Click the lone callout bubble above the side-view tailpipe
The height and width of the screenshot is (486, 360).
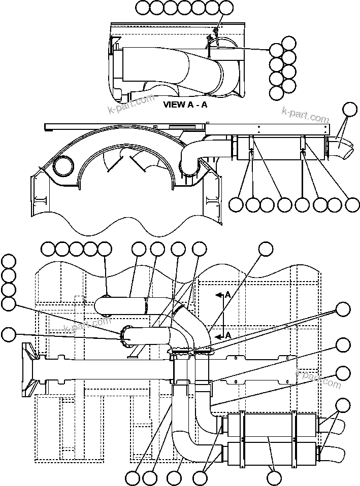(350, 109)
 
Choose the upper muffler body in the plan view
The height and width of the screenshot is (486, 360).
(269, 423)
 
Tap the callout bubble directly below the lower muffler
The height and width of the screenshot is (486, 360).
(274, 477)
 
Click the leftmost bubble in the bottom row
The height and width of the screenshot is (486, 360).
(134, 477)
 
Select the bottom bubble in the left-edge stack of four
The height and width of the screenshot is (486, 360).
(9, 304)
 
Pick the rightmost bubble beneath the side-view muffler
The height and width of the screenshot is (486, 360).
(352, 204)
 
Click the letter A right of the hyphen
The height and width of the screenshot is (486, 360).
(204, 106)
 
